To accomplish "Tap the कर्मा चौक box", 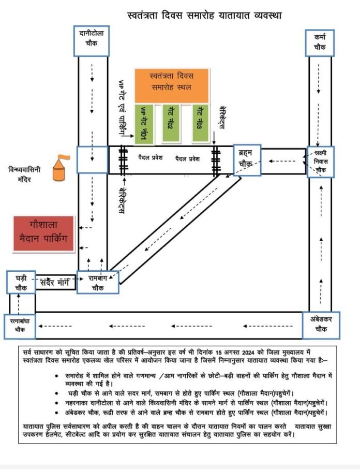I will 320,42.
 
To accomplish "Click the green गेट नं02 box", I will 171,123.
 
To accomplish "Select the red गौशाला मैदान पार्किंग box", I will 44,234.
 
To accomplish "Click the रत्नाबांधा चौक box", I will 20,325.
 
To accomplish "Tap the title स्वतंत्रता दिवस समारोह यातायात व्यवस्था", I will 204,15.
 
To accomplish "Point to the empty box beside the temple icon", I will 92,159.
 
